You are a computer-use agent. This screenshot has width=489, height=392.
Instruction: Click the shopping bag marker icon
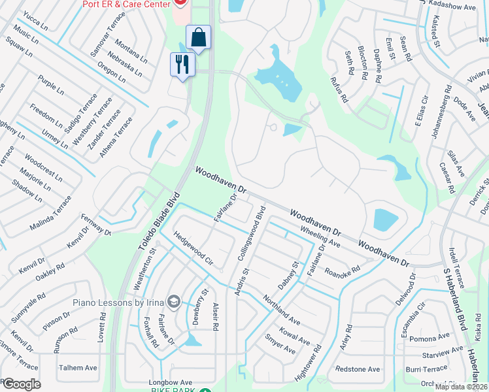click(x=198, y=37)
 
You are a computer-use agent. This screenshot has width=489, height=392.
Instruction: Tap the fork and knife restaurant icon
click(x=182, y=64)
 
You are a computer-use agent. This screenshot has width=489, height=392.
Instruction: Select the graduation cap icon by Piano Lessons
click(x=173, y=302)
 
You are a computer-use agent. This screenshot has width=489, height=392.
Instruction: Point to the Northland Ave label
click(x=281, y=310)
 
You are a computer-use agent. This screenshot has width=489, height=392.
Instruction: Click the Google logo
click(x=21, y=384)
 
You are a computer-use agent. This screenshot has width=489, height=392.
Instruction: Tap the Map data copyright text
click(x=461, y=387)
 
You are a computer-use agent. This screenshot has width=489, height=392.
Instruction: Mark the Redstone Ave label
click(x=357, y=369)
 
